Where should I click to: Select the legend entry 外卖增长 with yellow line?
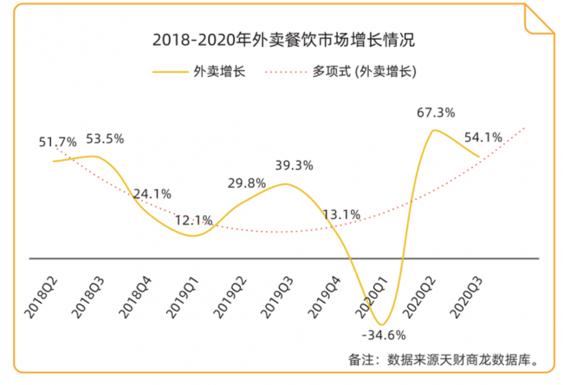(x=198, y=71)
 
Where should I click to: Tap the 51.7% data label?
(x=58, y=141)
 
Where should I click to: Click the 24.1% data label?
(x=152, y=194)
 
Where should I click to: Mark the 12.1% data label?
(x=196, y=220)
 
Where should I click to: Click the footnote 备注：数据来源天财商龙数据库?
(x=448, y=358)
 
